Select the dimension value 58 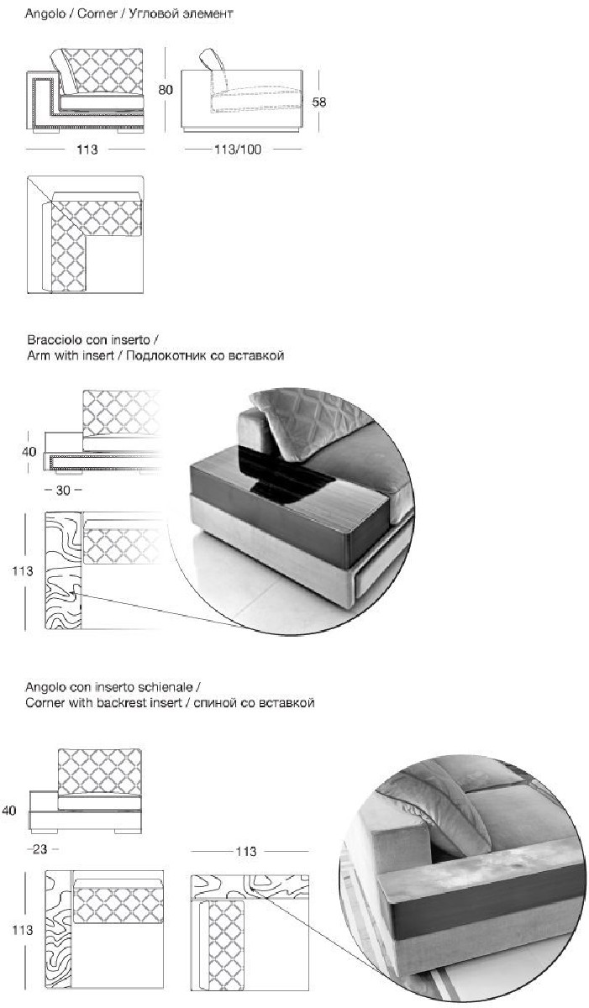coord(319,102)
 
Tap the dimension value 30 coord(62,488)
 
